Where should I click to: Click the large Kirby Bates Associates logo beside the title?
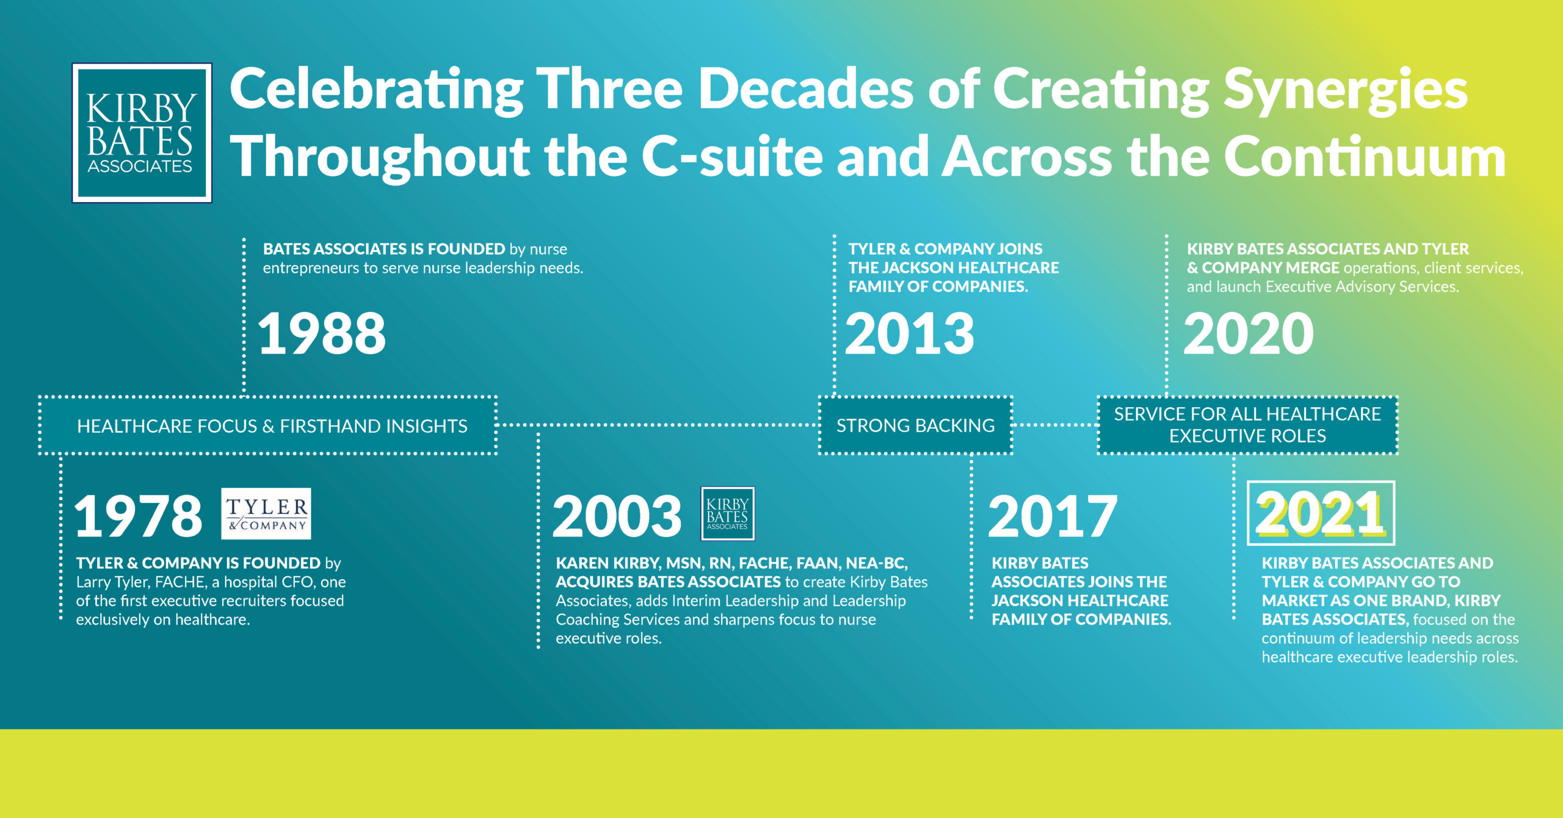tap(142, 132)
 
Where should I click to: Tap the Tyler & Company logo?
tap(266, 513)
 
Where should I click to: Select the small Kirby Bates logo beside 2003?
tap(727, 513)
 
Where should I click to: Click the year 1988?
tap(322, 333)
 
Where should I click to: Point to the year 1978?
tap(138, 516)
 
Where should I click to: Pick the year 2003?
tap(617, 516)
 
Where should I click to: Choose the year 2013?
tap(910, 333)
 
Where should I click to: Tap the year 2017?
tap(1053, 516)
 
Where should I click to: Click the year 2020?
tap(1249, 333)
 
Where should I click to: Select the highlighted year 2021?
tap(1320, 513)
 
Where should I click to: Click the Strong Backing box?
tap(915, 425)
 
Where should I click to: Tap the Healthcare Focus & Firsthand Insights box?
tap(268, 425)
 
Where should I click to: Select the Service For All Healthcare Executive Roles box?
tap(1247, 425)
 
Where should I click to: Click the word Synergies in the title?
tap(1346, 92)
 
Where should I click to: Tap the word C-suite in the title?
tap(731, 157)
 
